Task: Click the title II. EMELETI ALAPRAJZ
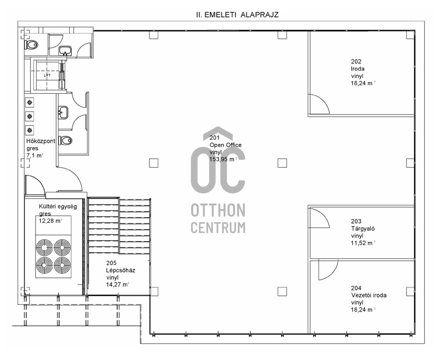[x=237, y=15]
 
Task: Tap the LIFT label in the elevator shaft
[x=47, y=75]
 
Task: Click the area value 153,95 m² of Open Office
[x=223, y=159]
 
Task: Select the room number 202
[x=356, y=62]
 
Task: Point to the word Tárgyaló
[x=363, y=229]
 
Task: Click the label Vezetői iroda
[x=369, y=295]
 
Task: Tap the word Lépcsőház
[x=120, y=270]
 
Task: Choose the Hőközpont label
[x=40, y=141]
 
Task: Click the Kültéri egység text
[x=58, y=207]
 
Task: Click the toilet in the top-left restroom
[x=31, y=44]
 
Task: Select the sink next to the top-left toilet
[x=65, y=51]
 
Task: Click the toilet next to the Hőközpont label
[x=65, y=140]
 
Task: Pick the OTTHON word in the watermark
[x=218, y=210]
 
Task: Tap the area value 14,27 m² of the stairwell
[x=118, y=284]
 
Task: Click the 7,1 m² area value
[x=35, y=156]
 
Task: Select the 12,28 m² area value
[x=51, y=221]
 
